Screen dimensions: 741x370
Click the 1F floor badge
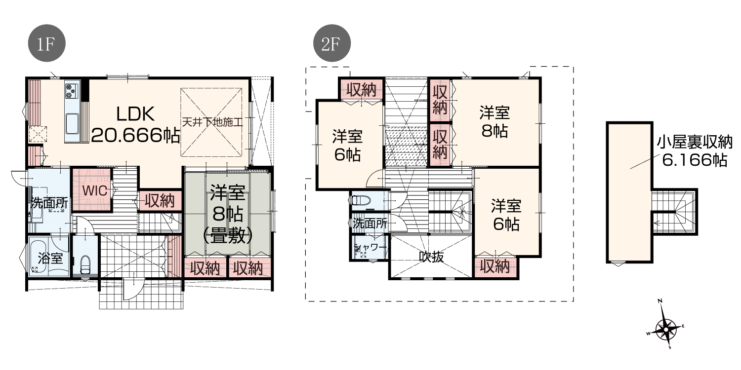point(46,43)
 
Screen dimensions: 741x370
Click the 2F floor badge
point(332,43)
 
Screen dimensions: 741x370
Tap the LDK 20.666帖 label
point(136,124)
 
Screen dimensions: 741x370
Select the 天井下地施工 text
point(212,122)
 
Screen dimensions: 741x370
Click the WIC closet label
point(95,190)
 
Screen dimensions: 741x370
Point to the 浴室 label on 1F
point(50,258)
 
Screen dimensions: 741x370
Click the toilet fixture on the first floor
point(85,265)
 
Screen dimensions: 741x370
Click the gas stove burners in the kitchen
point(72,90)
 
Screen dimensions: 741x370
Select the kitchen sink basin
point(72,123)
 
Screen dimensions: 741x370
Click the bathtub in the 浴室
point(37,257)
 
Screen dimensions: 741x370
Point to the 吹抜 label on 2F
point(431,257)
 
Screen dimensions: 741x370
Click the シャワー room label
point(370,247)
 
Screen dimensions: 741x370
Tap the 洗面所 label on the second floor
point(370,223)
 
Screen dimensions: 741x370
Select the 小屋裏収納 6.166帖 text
point(695,151)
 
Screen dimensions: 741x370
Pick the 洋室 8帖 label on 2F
point(494,122)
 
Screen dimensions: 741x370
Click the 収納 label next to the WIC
point(160,200)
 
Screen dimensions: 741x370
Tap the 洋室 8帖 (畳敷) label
point(228,214)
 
